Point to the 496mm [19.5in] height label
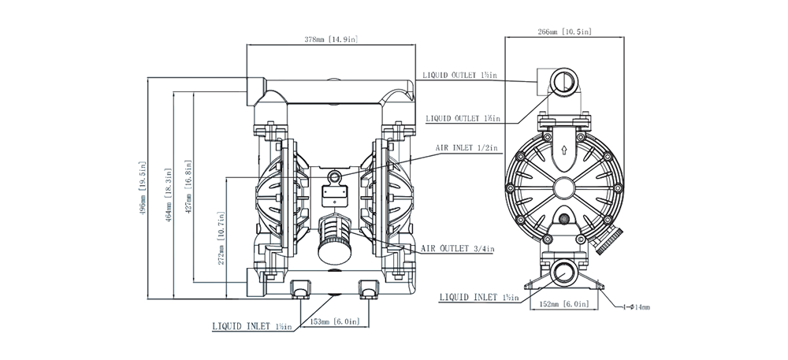click(142, 189)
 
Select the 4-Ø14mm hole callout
click(634, 306)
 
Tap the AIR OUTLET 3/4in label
click(457, 249)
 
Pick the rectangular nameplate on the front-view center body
click(336, 191)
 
